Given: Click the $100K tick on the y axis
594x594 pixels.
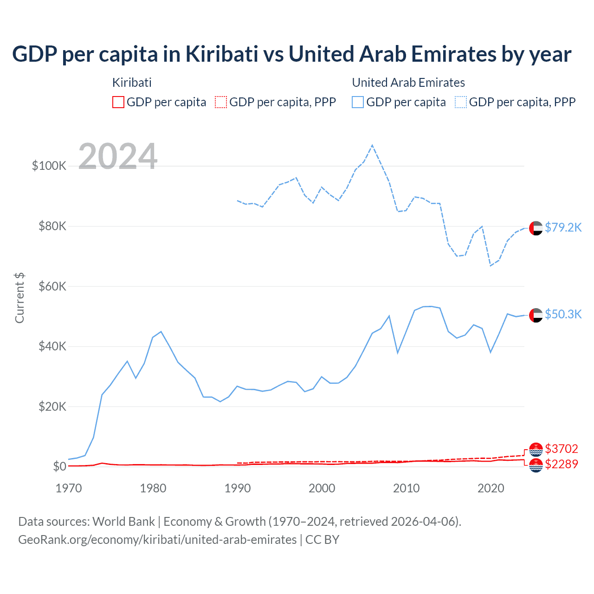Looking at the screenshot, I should click(x=49, y=166).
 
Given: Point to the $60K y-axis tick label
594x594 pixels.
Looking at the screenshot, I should click(x=52, y=286).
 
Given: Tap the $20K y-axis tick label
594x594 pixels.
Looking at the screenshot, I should click(x=52, y=407).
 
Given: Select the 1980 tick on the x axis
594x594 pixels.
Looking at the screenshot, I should click(x=153, y=488).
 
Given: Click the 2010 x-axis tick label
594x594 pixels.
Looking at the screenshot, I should click(x=407, y=488).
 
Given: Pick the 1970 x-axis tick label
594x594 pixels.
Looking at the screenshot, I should click(x=69, y=488).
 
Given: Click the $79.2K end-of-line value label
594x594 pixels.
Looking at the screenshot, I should click(x=563, y=227).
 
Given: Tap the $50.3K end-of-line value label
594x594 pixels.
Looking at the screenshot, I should click(x=563, y=314).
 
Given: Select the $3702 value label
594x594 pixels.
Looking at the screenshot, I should click(x=562, y=449).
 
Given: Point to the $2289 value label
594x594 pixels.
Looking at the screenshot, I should click(x=562, y=464).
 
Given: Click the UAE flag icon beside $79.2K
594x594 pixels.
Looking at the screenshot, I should click(x=536, y=228).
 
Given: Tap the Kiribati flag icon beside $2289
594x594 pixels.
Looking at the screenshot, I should click(x=536, y=465).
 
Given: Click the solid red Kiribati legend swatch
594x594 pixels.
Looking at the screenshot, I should click(x=118, y=102).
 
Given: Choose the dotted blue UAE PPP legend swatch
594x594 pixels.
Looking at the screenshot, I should click(x=461, y=102).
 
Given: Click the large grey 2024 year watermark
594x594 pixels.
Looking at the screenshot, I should click(x=118, y=156).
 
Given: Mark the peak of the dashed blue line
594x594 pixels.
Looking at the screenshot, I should click(x=372, y=146).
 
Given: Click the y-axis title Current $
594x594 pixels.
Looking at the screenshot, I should click(x=19, y=298).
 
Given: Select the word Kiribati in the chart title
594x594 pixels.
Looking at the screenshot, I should click(x=222, y=54).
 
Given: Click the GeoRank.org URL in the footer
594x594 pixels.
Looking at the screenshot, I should click(x=157, y=540).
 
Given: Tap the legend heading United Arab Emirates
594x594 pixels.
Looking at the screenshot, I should click(x=408, y=83).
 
